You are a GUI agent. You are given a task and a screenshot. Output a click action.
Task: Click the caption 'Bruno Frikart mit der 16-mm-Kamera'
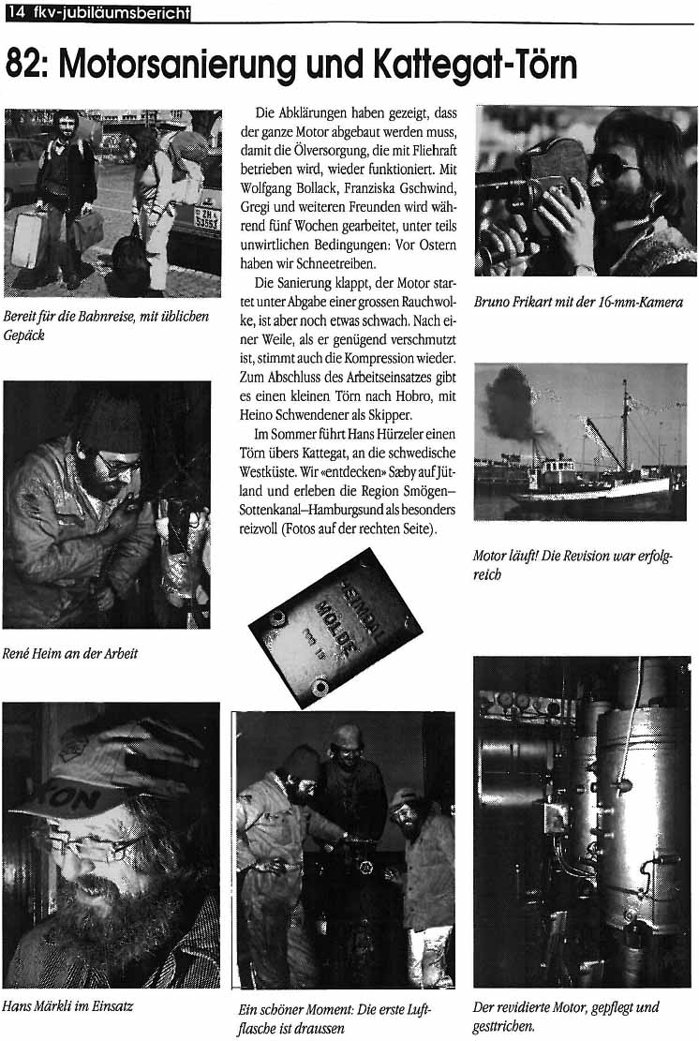pyautogui.click(x=578, y=302)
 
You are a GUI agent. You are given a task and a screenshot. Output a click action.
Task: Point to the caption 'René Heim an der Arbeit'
pyautogui.click(x=70, y=653)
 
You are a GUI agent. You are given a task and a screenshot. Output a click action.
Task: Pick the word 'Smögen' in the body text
pyautogui.click(x=414, y=493)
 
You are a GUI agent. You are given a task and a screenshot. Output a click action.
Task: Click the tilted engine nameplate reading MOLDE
pyautogui.click(x=335, y=625)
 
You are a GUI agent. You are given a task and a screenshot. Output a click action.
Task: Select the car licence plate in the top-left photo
pyautogui.click(x=206, y=221)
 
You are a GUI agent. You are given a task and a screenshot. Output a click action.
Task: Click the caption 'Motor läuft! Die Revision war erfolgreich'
pyautogui.click(x=572, y=565)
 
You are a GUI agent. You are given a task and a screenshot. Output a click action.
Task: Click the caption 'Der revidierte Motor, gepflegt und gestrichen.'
pyautogui.click(x=566, y=1016)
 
